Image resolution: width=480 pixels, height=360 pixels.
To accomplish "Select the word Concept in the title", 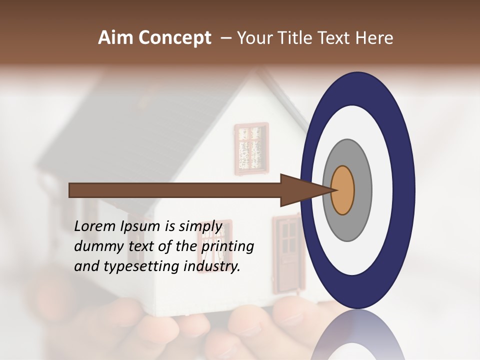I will point(175,38).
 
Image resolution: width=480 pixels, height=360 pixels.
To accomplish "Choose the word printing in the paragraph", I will point(227,246).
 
